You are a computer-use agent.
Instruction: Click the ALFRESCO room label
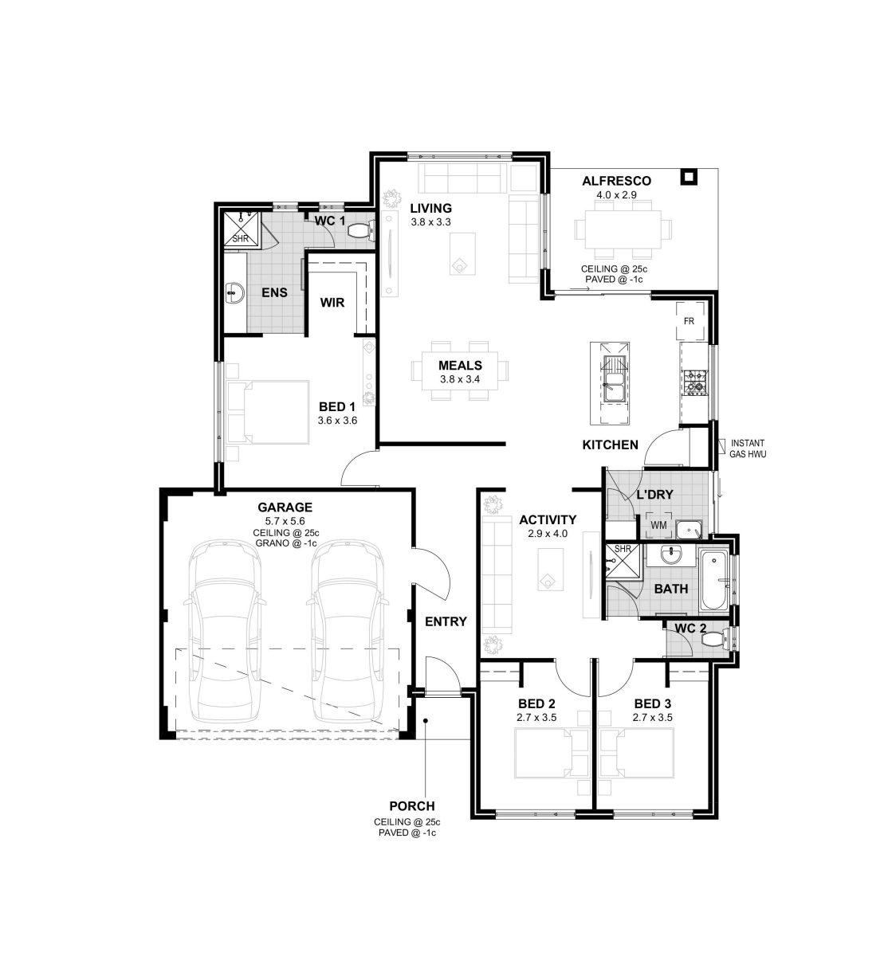coord(616,181)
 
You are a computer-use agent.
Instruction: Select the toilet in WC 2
coord(716,641)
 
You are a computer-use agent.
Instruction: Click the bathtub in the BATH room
coord(713,581)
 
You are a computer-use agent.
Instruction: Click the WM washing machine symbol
coord(658,525)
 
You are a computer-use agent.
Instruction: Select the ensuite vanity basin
coord(235,292)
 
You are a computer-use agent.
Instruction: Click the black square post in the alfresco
coord(689,177)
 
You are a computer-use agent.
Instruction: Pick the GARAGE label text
coord(285,507)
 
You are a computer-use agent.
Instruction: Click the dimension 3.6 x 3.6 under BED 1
coord(337,420)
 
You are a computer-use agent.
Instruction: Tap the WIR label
coord(332,302)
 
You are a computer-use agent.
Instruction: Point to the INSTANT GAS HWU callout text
coord(747,449)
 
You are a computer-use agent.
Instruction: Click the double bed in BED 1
coord(267,412)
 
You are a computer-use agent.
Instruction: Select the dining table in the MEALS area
coord(460,371)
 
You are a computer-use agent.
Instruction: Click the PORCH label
coord(412,805)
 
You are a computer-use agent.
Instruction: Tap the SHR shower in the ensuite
coord(241,230)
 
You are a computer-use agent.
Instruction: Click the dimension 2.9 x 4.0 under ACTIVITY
coord(548,533)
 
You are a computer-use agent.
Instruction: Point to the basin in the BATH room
coord(670,555)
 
